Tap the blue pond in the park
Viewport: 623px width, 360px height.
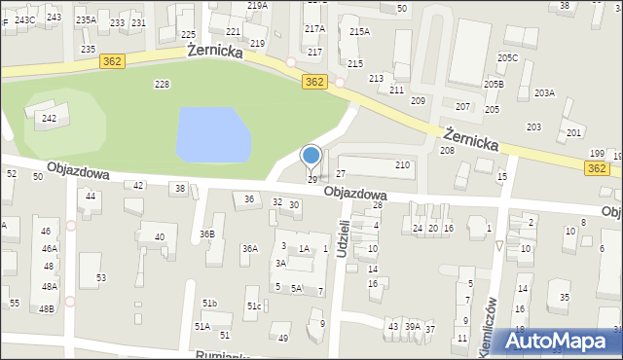pos(211,134)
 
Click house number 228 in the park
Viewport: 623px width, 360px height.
pos(163,85)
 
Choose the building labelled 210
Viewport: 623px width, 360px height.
pos(402,165)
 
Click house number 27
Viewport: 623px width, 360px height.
pos(341,173)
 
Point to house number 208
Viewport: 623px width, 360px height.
pos(447,150)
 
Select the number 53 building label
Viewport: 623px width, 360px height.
pos(100,278)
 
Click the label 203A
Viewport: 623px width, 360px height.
pos(543,93)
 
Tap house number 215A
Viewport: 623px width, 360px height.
pos(359,32)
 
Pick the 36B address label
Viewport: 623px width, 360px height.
pos(206,234)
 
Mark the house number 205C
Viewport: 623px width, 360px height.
pos(508,58)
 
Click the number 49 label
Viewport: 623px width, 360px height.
pos(283,339)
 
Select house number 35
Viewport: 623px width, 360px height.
pos(564,297)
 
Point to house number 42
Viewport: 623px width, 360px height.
pos(138,185)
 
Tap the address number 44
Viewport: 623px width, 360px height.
pos(91,196)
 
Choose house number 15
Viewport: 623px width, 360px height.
pos(502,176)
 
